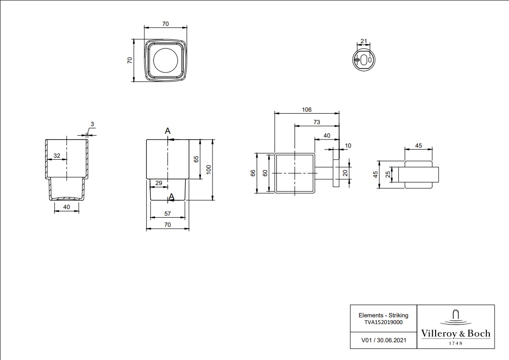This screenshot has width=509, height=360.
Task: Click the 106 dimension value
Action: pos(307,110)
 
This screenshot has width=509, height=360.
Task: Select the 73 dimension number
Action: pos(317,122)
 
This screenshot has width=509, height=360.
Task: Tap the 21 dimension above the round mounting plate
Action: pos(364,41)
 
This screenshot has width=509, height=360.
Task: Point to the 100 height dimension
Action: pos(209,169)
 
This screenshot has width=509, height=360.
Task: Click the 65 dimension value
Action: pos(196,159)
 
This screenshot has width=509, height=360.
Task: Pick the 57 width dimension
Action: pos(167,214)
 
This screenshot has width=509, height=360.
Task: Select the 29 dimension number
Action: pos(158,183)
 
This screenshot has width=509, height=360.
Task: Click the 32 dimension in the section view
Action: pos(57,156)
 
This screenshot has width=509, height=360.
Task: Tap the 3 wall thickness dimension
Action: pos(92,124)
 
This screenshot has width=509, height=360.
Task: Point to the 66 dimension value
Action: pos(253,173)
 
